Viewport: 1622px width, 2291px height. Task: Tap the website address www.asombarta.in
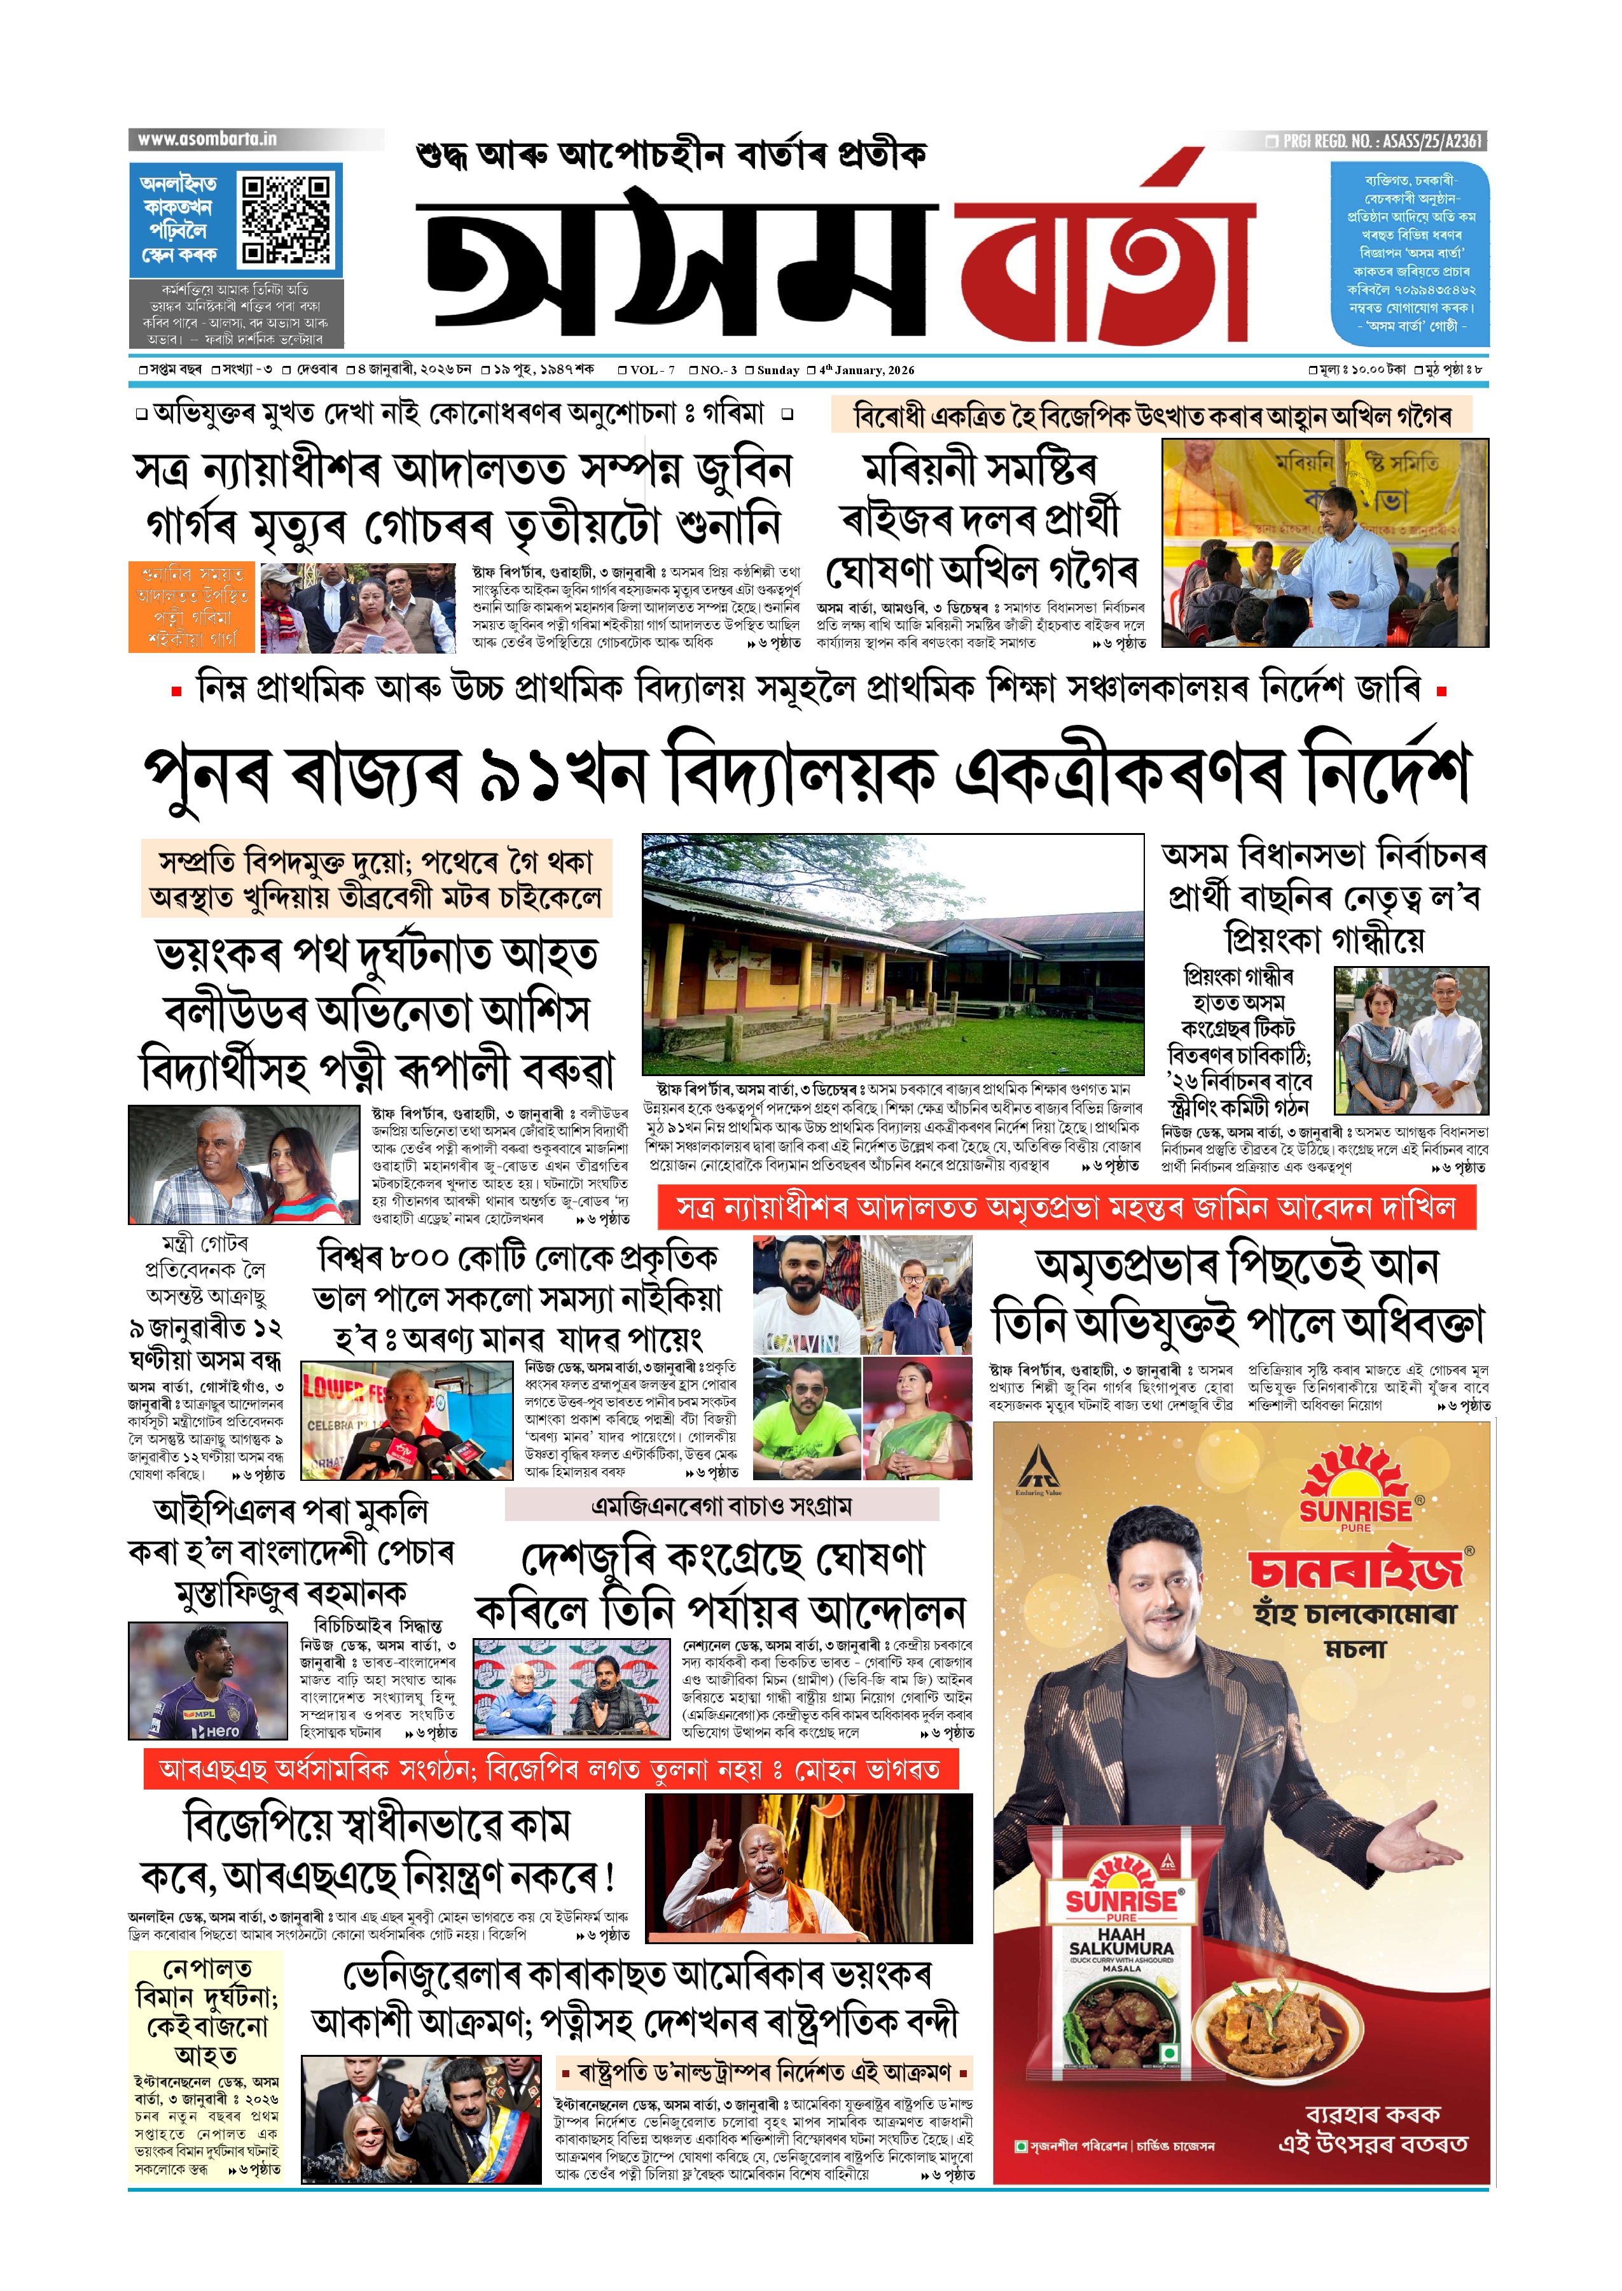point(207,139)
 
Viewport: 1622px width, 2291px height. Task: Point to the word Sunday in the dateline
point(778,370)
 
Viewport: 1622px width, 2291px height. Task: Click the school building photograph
point(892,953)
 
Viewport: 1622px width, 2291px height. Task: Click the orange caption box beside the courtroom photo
point(191,606)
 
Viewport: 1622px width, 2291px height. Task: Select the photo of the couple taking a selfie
point(243,1164)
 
